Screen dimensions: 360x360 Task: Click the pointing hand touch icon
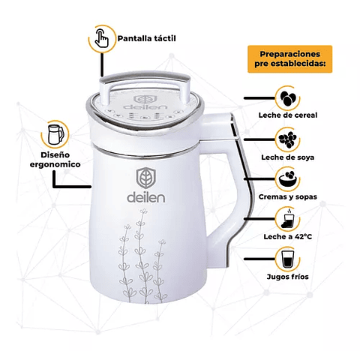pyautogui.click(x=102, y=38)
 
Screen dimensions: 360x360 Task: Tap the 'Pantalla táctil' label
pyautogui.click(x=147, y=38)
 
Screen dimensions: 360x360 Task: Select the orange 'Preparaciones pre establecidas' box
pyautogui.click(x=290, y=59)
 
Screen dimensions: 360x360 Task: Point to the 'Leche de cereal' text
pyautogui.click(x=288, y=115)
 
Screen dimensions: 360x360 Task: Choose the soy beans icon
pyautogui.click(x=288, y=139)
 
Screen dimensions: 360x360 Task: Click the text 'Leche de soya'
pyautogui.click(x=288, y=157)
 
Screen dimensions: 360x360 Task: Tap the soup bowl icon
pyautogui.click(x=288, y=178)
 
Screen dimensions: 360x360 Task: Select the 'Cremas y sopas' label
pyautogui.click(x=288, y=196)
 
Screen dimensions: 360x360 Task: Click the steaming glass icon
pyautogui.click(x=288, y=219)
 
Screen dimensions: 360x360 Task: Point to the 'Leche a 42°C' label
pyautogui.click(x=288, y=236)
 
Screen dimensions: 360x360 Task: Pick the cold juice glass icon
pyautogui.click(x=288, y=259)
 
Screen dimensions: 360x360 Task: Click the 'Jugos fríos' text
pyautogui.click(x=288, y=277)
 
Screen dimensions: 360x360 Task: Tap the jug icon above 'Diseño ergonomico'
pyautogui.click(x=55, y=134)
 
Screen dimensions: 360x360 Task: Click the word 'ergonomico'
pyautogui.click(x=55, y=164)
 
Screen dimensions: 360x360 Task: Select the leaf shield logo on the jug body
pyautogui.click(x=146, y=178)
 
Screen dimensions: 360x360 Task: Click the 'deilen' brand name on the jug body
pyautogui.click(x=146, y=198)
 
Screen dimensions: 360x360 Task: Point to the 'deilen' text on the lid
pyautogui.click(x=145, y=106)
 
